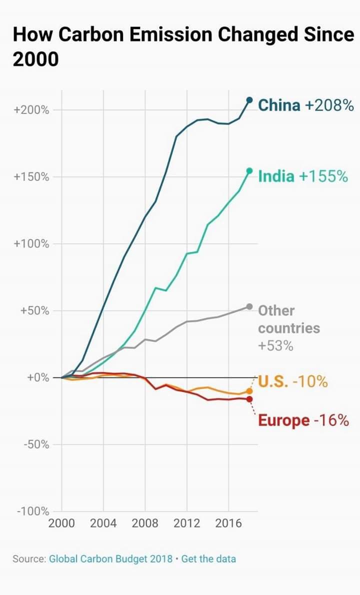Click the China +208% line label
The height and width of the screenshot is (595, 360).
coord(305,105)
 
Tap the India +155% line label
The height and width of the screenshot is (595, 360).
coord(302,176)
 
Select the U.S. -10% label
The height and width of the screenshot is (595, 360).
coord(293,382)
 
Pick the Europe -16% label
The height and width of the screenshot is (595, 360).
coord(303,420)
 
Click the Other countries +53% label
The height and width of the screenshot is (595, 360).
coord(288,328)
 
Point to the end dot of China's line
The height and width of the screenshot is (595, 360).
coord(249,100)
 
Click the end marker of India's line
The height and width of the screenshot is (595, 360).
coord(249,171)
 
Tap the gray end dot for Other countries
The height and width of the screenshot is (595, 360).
coord(249,306)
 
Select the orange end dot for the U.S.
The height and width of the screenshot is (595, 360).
coord(249,391)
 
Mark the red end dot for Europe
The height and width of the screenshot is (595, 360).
coord(249,399)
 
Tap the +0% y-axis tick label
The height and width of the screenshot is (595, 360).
coord(38,377)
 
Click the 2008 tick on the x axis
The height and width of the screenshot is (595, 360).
coord(145,523)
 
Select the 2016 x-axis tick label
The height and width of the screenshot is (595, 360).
coord(228,523)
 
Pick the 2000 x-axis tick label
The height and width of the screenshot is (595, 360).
coord(61,523)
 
